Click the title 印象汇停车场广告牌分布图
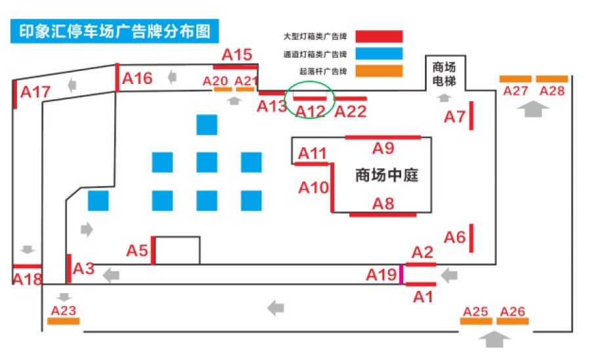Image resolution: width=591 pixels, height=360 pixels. [114, 32]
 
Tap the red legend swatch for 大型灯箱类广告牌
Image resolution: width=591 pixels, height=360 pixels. [379, 37]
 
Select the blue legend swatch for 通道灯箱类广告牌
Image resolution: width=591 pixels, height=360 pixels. [379, 53]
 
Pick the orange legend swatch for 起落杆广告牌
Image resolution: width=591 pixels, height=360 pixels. [379, 71]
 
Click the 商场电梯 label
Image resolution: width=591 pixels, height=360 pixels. [444, 74]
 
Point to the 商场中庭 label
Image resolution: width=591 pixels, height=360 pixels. [387, 175]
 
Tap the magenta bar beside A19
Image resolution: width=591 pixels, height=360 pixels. [401, 274]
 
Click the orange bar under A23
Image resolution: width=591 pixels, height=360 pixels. [63, 321]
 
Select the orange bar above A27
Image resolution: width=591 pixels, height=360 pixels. [515, 79]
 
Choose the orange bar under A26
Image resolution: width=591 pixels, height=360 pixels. [513, 321]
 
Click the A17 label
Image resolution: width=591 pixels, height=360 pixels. [35, 92]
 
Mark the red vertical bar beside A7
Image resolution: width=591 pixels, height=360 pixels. [471, 116]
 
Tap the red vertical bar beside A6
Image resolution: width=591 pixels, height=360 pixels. [471, 238]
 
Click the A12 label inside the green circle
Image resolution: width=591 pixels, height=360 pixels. [310, 112]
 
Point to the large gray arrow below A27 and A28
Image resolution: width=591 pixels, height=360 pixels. [533, 109]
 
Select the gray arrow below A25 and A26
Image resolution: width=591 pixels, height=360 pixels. [494, 339]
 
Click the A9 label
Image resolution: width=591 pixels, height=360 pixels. [383, 148]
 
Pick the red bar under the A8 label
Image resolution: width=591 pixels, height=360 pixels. [383, 215]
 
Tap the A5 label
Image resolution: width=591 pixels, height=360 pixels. [137, 251]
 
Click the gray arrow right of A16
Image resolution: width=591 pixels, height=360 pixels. [172, 78]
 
